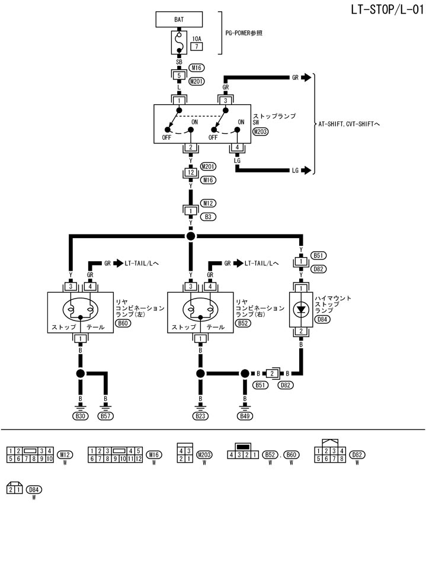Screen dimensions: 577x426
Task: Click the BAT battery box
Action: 178,20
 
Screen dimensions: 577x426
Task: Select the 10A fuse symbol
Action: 178,42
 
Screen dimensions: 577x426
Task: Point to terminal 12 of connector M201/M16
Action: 190,172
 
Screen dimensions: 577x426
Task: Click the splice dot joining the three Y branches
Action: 190,236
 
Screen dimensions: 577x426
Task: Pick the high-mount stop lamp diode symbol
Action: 302,309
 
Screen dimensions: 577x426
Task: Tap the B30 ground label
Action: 81,417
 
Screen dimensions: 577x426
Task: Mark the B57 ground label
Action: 105,417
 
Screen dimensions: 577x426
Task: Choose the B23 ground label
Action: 200,417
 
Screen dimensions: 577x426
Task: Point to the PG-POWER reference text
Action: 244,33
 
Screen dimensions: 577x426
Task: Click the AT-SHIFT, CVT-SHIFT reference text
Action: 353,124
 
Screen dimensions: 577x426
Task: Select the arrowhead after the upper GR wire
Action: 306,77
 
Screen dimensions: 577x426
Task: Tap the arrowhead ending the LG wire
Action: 306,171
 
